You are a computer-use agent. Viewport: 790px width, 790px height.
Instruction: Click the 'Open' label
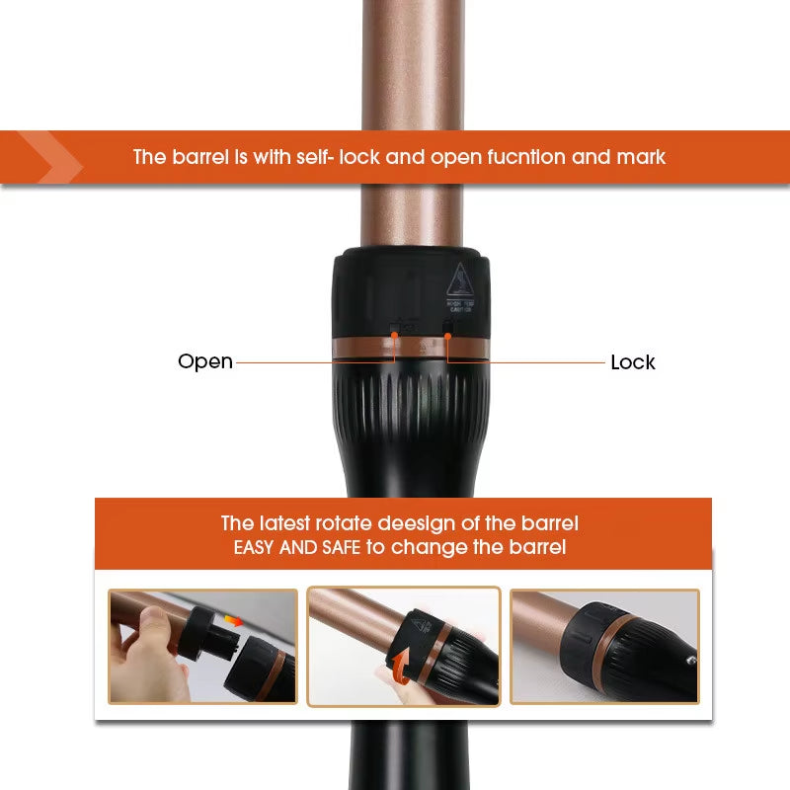click(205, 361)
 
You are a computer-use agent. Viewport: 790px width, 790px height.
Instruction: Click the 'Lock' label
click(633, 362)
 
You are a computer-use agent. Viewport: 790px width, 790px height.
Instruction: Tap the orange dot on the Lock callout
click(447, 337)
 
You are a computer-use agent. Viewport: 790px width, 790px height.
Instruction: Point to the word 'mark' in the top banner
click(640, 157)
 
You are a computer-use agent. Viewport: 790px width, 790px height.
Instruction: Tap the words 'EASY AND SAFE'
click(297, 547)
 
